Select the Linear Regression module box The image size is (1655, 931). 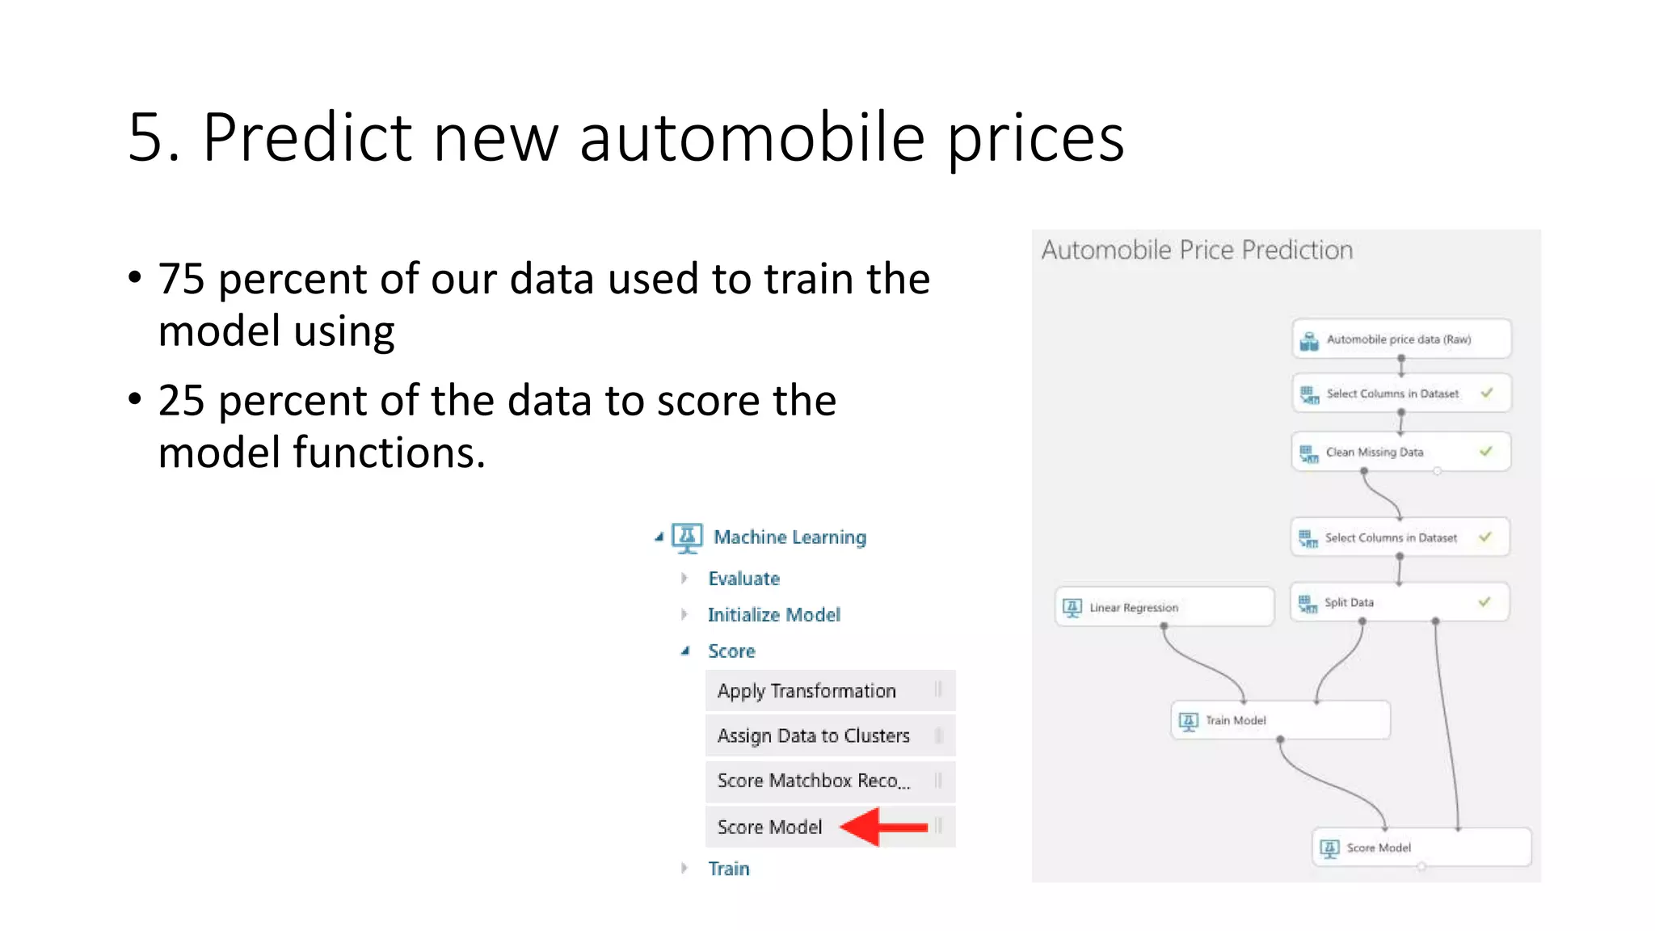tap(1164, 607)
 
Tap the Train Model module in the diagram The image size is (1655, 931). tap(1279, 720)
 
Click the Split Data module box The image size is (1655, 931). tap(1399, 602)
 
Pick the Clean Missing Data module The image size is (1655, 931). tap(1400, 452)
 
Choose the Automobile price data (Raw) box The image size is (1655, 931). tap(1400, 339)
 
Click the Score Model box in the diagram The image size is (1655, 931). tap(1421, 848)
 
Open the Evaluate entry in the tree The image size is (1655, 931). tap(743, 579)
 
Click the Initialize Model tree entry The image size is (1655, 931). tap(773, 615)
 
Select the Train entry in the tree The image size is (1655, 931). tap(728, 869)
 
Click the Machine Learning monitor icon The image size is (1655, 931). tap(687, 537)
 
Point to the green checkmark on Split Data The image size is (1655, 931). tap(1484, 602)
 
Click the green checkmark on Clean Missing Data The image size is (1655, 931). tap(1485, 452)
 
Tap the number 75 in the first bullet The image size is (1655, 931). tap(181, 279)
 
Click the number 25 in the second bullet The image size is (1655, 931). tap(181, 401)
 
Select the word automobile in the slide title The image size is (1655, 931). tap(752, 137)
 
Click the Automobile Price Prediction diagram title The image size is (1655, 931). tap(1197, 251)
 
